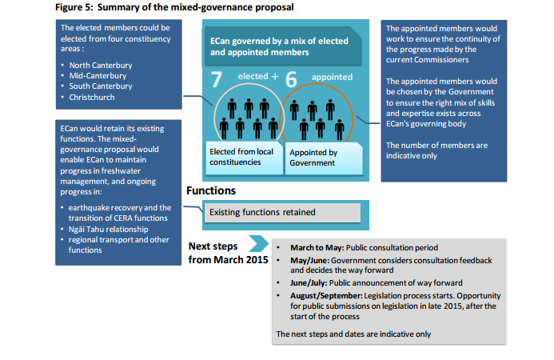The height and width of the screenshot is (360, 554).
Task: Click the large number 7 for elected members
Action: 217,79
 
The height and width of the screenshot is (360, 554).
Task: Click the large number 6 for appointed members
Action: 291,79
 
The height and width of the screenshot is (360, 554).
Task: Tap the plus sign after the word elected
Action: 275,76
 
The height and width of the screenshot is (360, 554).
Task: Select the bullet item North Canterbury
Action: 101,66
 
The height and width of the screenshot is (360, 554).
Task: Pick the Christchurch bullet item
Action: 92,98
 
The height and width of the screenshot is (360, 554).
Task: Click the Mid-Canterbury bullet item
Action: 98,76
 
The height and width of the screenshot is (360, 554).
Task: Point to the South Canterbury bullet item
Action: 101,86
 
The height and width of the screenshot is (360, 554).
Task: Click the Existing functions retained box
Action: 283,213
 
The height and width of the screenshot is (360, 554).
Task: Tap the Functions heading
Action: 211,190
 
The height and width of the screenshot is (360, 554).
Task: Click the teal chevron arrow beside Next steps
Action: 259,244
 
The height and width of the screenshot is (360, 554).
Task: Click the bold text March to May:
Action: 317,247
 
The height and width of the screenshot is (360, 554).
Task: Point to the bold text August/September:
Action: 326,296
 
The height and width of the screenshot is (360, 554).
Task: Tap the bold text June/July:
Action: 309,283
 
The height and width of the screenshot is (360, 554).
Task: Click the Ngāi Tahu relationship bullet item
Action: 109,229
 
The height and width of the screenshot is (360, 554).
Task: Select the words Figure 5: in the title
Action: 74,7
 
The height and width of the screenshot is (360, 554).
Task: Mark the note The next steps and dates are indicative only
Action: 353,334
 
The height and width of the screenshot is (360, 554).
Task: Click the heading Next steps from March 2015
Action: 229,253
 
